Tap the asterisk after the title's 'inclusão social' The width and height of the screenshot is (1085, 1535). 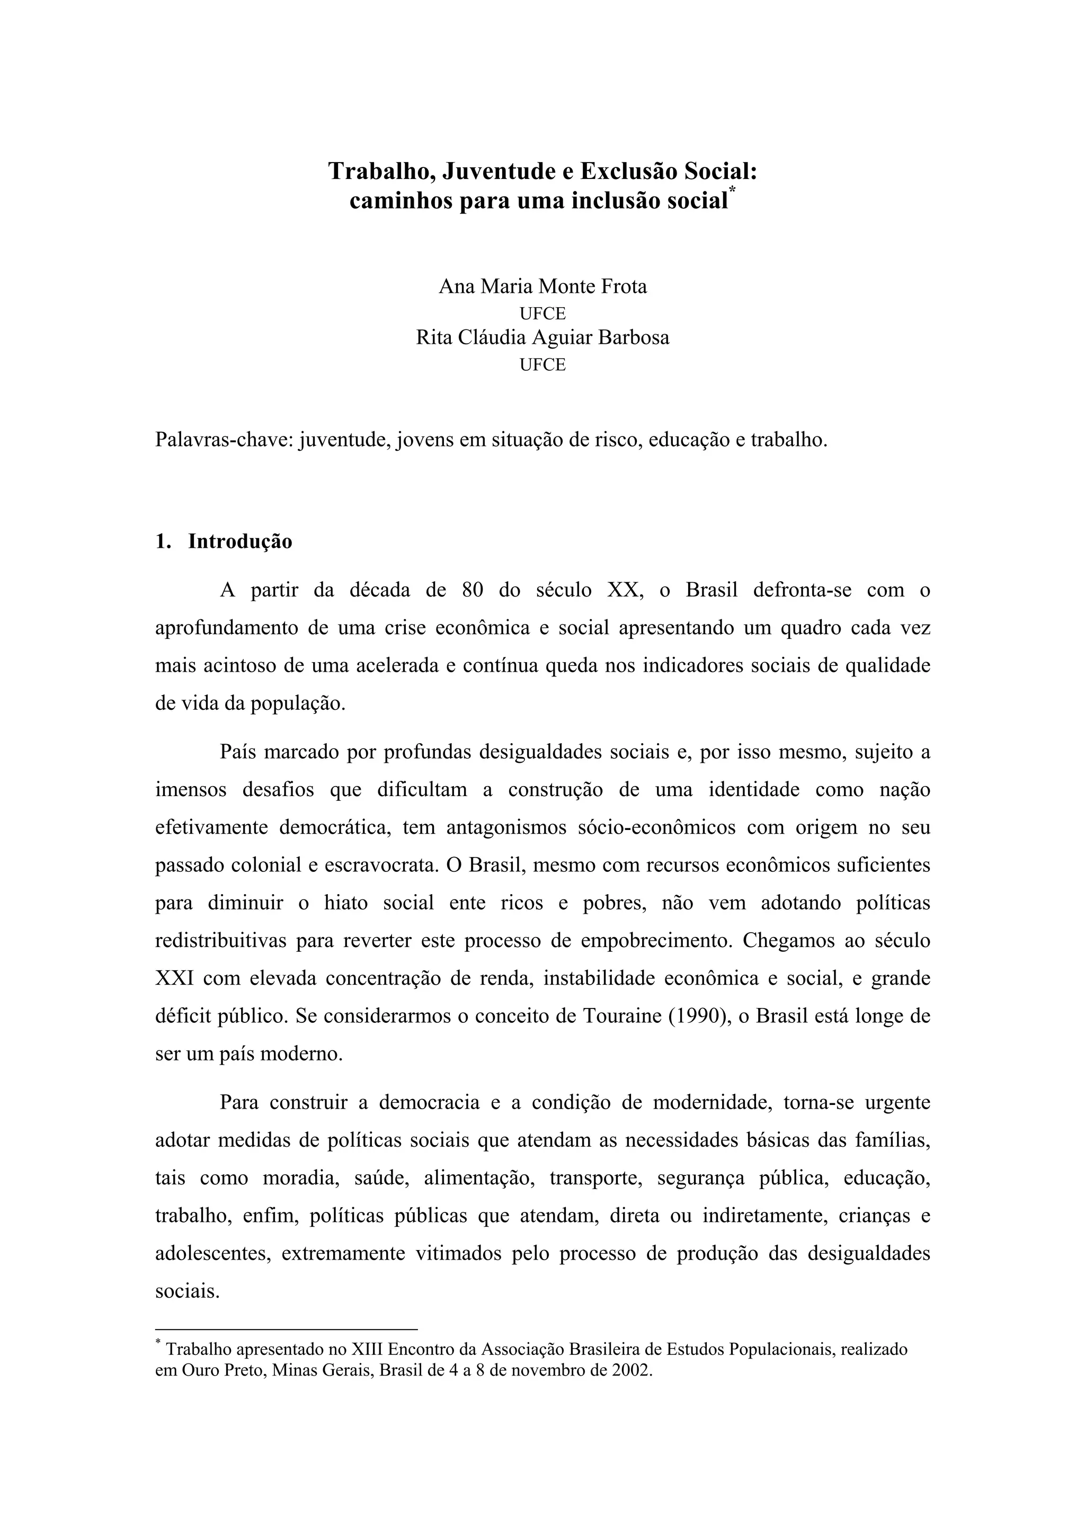733,191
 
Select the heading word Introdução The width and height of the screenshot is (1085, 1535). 240,541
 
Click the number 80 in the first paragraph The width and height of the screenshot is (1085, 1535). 473,591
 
